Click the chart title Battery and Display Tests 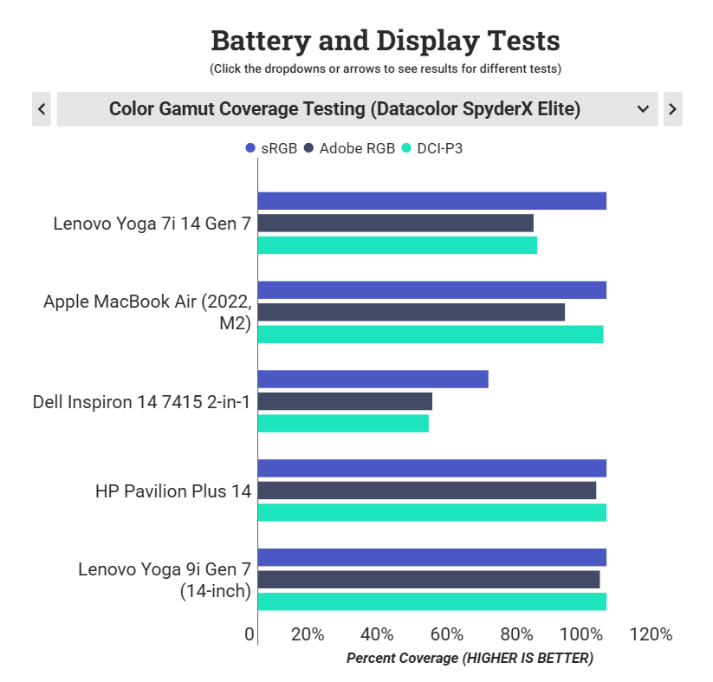(x=386, y=41)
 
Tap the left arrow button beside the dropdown (x=42, y=109)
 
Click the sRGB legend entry (x=272, y=149)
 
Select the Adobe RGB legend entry (x=350, y=149)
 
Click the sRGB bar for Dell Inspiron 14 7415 (x=373, y=379)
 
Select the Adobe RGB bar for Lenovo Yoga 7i (x=395, y=223)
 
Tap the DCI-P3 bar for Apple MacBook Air (x=430, y=335)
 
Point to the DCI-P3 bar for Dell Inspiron (x=343, y=423)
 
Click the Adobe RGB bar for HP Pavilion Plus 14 (x=427, y=490)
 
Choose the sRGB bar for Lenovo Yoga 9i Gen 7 (x=431, y=557)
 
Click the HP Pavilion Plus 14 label (x=173, y=491)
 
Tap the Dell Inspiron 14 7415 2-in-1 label (x=141, y=402)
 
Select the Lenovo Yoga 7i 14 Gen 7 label (x=152, y=224)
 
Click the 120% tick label (x=651, y=634)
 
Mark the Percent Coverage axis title (x=470, y=659)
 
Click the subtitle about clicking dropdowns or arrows (x=386, y=68)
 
